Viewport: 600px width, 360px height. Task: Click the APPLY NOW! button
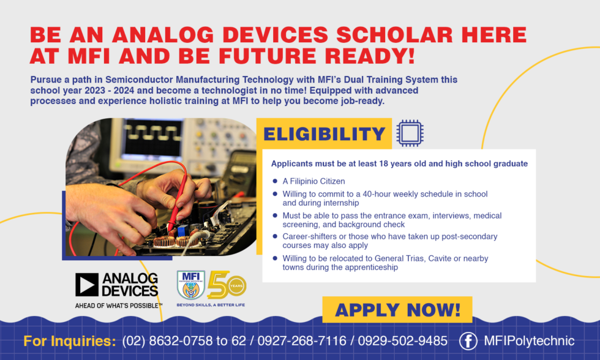pyautogui.click(x=397, y=310)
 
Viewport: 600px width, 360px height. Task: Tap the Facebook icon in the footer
pyautogui.click(x=468, y=341)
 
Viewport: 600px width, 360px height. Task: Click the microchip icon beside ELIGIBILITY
pyautogui.click(x=410, y=133)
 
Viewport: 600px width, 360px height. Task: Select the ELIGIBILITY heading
pyautogui.click(x=324, y=134)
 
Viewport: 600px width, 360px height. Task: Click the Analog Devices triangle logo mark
pyautogui.click(x=87, y=285)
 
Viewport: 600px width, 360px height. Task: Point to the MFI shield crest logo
pyautogui.click(x=190, y=285)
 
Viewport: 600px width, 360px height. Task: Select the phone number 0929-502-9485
pyautogui.click(x=402, y=341)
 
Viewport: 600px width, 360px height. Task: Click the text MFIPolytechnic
pyautogui.click(x=529, y=341)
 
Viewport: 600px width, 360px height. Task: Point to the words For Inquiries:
pyautogui.click(x=69, y=341)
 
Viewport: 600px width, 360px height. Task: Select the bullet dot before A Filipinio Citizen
pyautogui.click(x=275, y=181)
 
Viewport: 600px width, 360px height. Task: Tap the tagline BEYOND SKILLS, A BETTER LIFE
pyautogui.click(x=211, y=304)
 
